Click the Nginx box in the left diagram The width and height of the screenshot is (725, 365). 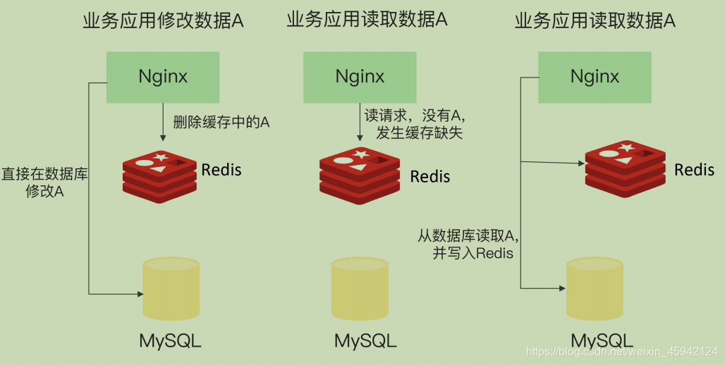[x=163, y=77]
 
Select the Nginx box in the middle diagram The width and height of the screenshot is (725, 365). [x=360, y=77]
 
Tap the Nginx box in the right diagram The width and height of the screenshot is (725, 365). [x=595, y=77]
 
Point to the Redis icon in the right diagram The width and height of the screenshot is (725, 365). [x=625, y=168]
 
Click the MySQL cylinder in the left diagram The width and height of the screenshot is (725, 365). [x=171, y=289]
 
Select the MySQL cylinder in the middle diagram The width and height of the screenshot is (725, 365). [x=360, y=289]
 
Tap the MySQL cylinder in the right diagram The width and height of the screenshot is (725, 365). [x=595, y=289]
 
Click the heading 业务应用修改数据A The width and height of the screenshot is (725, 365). [x=163, y=21]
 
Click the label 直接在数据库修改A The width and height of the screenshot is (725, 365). [x=44, y=182]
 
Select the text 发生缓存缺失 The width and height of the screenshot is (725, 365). [x=413, y=132]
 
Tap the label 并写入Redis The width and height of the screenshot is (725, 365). [x=472, y=253]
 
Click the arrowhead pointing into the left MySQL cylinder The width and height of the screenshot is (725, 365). [x=138, y=292]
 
